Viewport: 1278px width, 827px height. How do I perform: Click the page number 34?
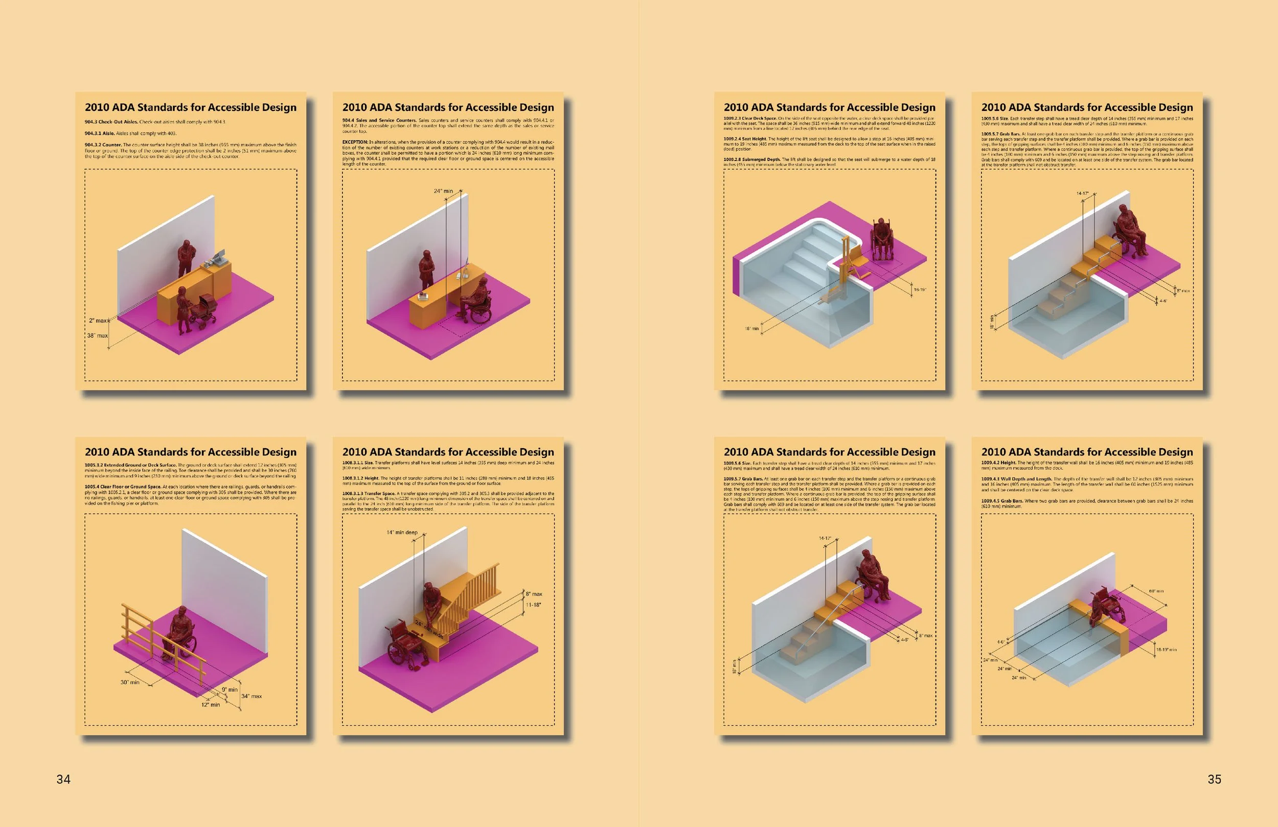63,779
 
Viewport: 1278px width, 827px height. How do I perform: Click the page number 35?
1214,779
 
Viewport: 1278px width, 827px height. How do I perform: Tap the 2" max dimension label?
98,320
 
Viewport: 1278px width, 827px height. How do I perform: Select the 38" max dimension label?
97,336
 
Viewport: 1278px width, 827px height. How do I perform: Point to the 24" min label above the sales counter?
443,191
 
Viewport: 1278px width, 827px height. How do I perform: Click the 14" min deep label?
402,533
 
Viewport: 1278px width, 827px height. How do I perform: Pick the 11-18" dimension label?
533,605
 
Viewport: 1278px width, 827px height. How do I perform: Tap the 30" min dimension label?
129,682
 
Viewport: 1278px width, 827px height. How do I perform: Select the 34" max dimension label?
252,696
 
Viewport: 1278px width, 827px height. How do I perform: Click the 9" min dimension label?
230,690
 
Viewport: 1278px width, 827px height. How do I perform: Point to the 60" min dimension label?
1156,591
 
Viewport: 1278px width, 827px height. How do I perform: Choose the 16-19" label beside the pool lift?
920,290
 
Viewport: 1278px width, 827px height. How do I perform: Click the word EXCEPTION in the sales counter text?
355,142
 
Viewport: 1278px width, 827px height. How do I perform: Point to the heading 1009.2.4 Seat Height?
745,139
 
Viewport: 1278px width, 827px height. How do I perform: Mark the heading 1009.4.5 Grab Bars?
1001,501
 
